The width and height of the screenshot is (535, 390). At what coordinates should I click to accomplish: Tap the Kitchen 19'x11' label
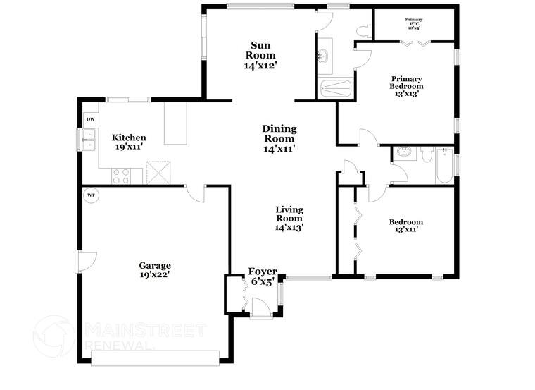[x=130, y=142]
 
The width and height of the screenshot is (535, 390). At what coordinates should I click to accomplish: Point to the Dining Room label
[x=279, y=138]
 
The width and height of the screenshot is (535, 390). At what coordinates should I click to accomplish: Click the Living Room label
[x=289, y=218]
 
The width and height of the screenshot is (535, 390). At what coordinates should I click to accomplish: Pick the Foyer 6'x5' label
[x=263, y=276]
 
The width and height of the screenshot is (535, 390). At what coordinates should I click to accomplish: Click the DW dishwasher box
[x=90, y=120]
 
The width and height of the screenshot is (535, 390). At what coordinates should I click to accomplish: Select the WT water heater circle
[x=91, y=195]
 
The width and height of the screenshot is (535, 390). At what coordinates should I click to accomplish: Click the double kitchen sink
[x=90, y=143]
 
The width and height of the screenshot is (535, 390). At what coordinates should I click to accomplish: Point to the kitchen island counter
[x=175, y=123]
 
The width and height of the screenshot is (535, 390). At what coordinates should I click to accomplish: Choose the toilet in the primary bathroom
[x=363, y=30]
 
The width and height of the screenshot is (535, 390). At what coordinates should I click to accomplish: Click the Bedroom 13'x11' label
[x=406, y=226]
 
